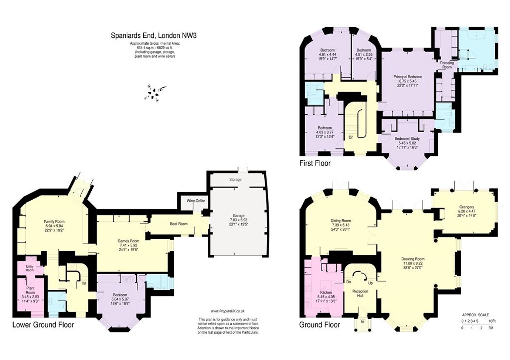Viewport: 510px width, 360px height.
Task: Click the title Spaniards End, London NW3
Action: point(153,36)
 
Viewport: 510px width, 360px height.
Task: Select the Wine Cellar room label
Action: point(190,200)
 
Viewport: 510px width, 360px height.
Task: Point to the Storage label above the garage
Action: point(235,179)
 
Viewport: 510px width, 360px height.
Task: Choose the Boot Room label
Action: point(178,224)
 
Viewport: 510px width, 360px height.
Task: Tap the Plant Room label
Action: point(30,290)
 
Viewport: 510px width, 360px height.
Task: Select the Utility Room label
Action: point(30,268)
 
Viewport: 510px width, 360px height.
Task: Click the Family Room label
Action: point(54,221)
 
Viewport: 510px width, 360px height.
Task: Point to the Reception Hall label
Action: point(360,293)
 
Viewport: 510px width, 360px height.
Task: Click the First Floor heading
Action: point(315,163)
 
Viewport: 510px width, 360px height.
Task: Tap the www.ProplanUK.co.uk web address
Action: point(228,311)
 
